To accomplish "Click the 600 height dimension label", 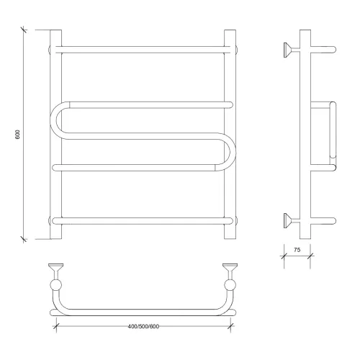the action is point(17,135).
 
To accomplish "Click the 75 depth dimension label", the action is point(297,250).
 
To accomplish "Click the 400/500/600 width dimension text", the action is point(143,326).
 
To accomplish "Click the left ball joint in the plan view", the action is point(55,285).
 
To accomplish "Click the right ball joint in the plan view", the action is point(230,285).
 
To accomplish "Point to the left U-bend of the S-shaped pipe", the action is point(54,120).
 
